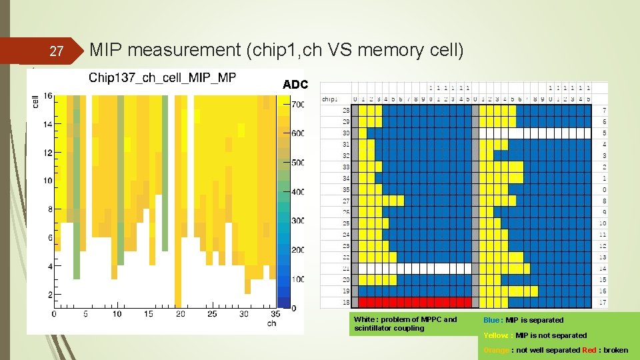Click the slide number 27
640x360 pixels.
pyautogui.click(x=57, y=51)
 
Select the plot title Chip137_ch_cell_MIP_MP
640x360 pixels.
pyautogui.click(x=162, y=78)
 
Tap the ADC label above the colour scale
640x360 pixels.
pyautogui.click(x=295, y=85)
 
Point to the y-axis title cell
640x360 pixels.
pyautogui.click(x=35, y=101)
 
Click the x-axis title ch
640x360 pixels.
pyautogui.click(x=271, y=323)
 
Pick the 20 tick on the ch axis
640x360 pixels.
pyautogui.click(x=180, y=314)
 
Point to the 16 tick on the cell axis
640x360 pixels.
pyautogui.click(x=47, y=96)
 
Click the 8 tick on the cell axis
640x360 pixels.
pyautogui.click(x=49, y=209)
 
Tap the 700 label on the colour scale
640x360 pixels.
pyautogui.click(x=297, y=105)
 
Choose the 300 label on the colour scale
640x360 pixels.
pyautogui.click(x=297, y=221)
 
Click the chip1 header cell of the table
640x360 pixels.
pyautogui.click(x=330, y=99)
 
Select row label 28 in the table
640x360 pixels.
pyautogui.click(x=346, y=110)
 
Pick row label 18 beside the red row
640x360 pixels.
pyautogui.click(x=346, y=303)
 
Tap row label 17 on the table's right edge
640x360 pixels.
pyautogui.click(x=603, y=303)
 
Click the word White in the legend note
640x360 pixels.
pyautogui.click(x=365, y=320)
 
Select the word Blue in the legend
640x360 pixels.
pyautogui.click(x=493, y=320)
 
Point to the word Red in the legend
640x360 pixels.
pyautogui.click(x=589, y=350)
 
